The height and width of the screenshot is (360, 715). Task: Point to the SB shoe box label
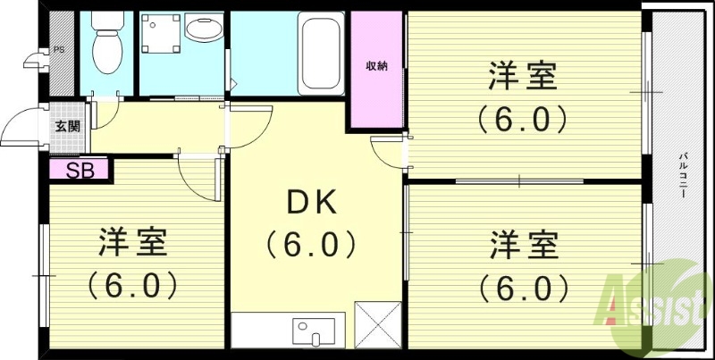pyautogui.click(x=80, y=170)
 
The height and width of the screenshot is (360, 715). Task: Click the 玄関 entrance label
pyautogui.click(x=67, y=127)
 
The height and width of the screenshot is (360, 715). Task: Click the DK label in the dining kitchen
pyautogui.click(x=310, y=205)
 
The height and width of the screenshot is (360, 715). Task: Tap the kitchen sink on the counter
pyautogui.click(x=313, y=331)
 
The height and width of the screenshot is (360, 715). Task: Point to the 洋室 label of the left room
pyautogui.click(x=132, y=241)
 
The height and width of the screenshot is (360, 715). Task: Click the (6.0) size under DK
pyautogui.click(x=310, y=243)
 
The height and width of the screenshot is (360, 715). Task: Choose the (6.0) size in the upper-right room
pyautogui.click(x=523, y=118)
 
